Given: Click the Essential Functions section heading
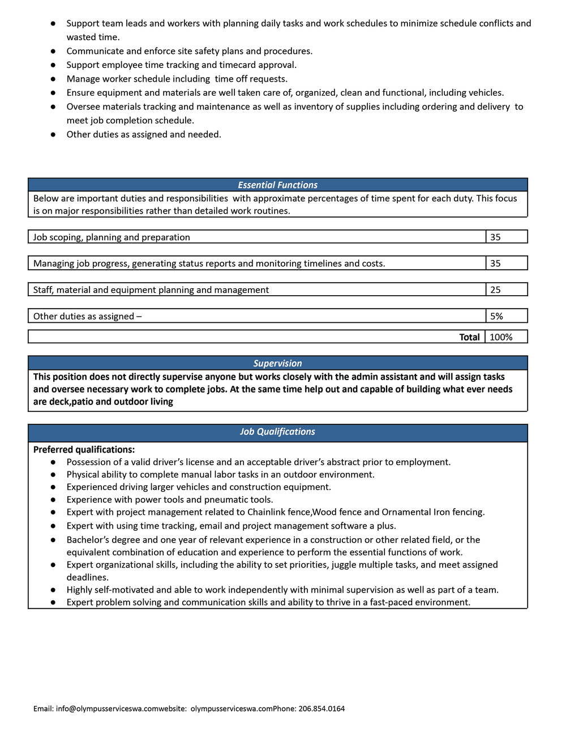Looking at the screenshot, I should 277,185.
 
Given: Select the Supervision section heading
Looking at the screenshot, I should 277,364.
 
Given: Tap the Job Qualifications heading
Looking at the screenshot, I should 277,432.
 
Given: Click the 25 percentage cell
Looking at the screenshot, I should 495,290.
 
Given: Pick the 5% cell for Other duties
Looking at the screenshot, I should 496,317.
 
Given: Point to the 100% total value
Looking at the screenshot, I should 501,338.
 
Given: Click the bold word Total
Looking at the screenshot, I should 469,338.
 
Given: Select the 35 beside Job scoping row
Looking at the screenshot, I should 495,237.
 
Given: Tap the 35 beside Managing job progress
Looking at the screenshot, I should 495,263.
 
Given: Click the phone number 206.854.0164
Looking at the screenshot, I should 321,709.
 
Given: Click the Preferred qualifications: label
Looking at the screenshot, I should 84,450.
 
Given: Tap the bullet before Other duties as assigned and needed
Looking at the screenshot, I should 53,135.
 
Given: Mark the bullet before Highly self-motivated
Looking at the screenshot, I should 53,590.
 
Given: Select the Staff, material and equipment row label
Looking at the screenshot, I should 151,290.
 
